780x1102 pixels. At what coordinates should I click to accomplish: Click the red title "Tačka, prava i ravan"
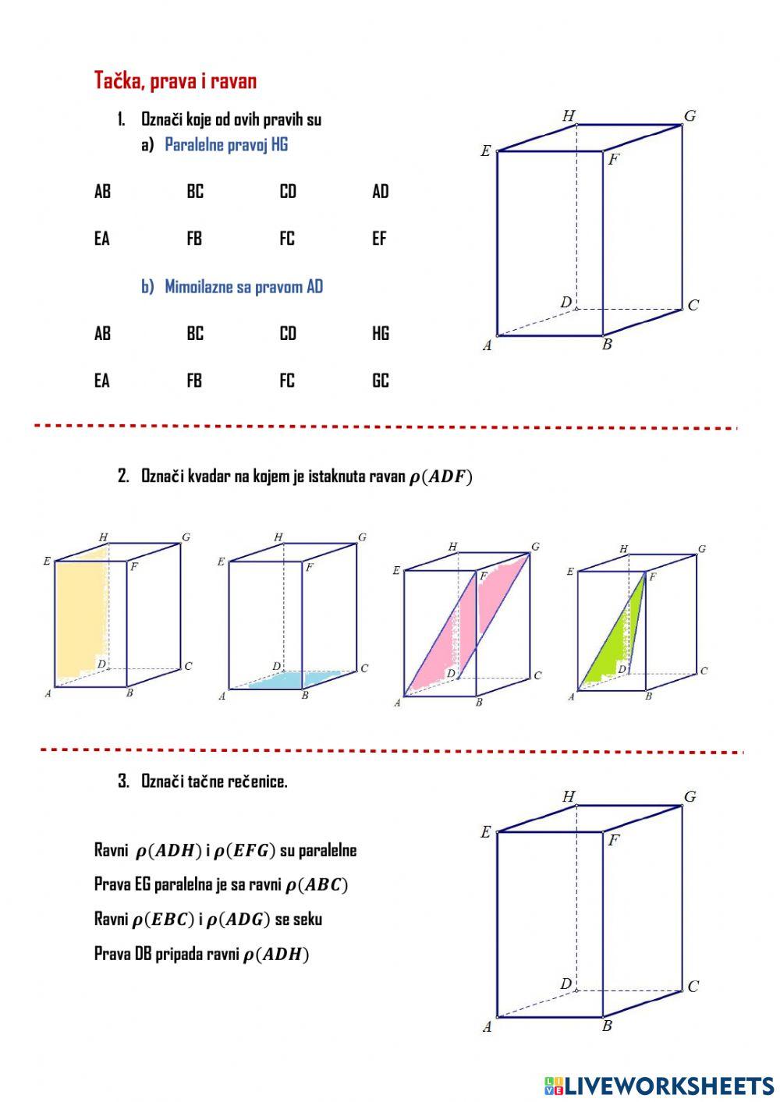click(x=175, y=80)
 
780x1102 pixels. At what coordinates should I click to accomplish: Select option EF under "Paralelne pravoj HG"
click(x=379, y=239)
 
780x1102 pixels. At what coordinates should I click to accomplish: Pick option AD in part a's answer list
click(x=381, y=191)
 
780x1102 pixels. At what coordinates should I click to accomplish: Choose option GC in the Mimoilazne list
click(x=381, y=381)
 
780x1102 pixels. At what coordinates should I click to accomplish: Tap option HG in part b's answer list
click(x=381, y=334)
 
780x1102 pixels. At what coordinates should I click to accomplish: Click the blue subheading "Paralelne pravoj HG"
click(x=226, y=144)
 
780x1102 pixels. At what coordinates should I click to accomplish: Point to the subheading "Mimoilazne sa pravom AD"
click(x=243, y=286)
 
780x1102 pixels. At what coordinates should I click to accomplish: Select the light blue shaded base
click(x=296, y=679)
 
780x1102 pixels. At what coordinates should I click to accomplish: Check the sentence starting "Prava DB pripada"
click(x=201, y=954)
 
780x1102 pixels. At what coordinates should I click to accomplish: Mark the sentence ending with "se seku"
click(x=208, y=919)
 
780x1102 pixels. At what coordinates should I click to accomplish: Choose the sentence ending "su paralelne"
click(x=225, y=850)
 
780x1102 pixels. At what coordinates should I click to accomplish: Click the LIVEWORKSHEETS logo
click(x=659, y=1086)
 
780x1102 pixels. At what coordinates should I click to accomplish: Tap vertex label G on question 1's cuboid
click(x=690, y=116)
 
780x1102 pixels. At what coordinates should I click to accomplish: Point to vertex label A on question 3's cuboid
click(x=487, y=1026)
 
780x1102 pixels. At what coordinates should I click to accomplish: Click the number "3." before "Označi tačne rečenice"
click(x=123, y=781)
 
